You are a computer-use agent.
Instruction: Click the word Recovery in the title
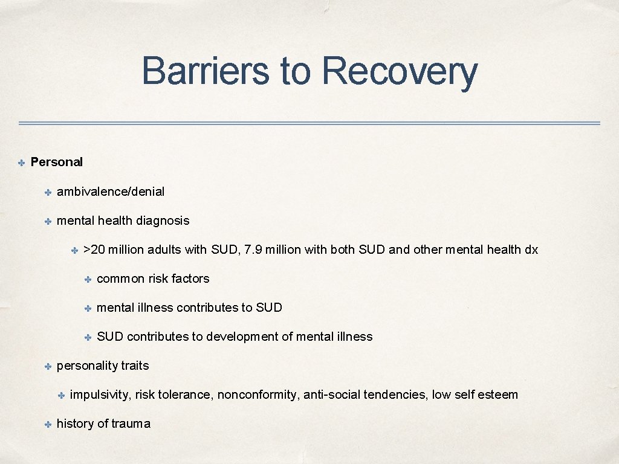pos(400,71)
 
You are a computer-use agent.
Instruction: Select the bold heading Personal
pos(56,162)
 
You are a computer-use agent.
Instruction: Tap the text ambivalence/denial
pos(110,192)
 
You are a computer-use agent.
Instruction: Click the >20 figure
pos(95,250)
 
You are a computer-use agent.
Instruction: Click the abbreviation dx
pos(531,250)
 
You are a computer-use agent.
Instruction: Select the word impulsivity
pos(99,395)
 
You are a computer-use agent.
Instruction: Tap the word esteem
pos(497,395)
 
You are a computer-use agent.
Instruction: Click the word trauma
pos(131,424)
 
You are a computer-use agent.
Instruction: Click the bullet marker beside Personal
pos(20,163)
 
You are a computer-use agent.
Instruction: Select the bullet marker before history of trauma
pos(47,424)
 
